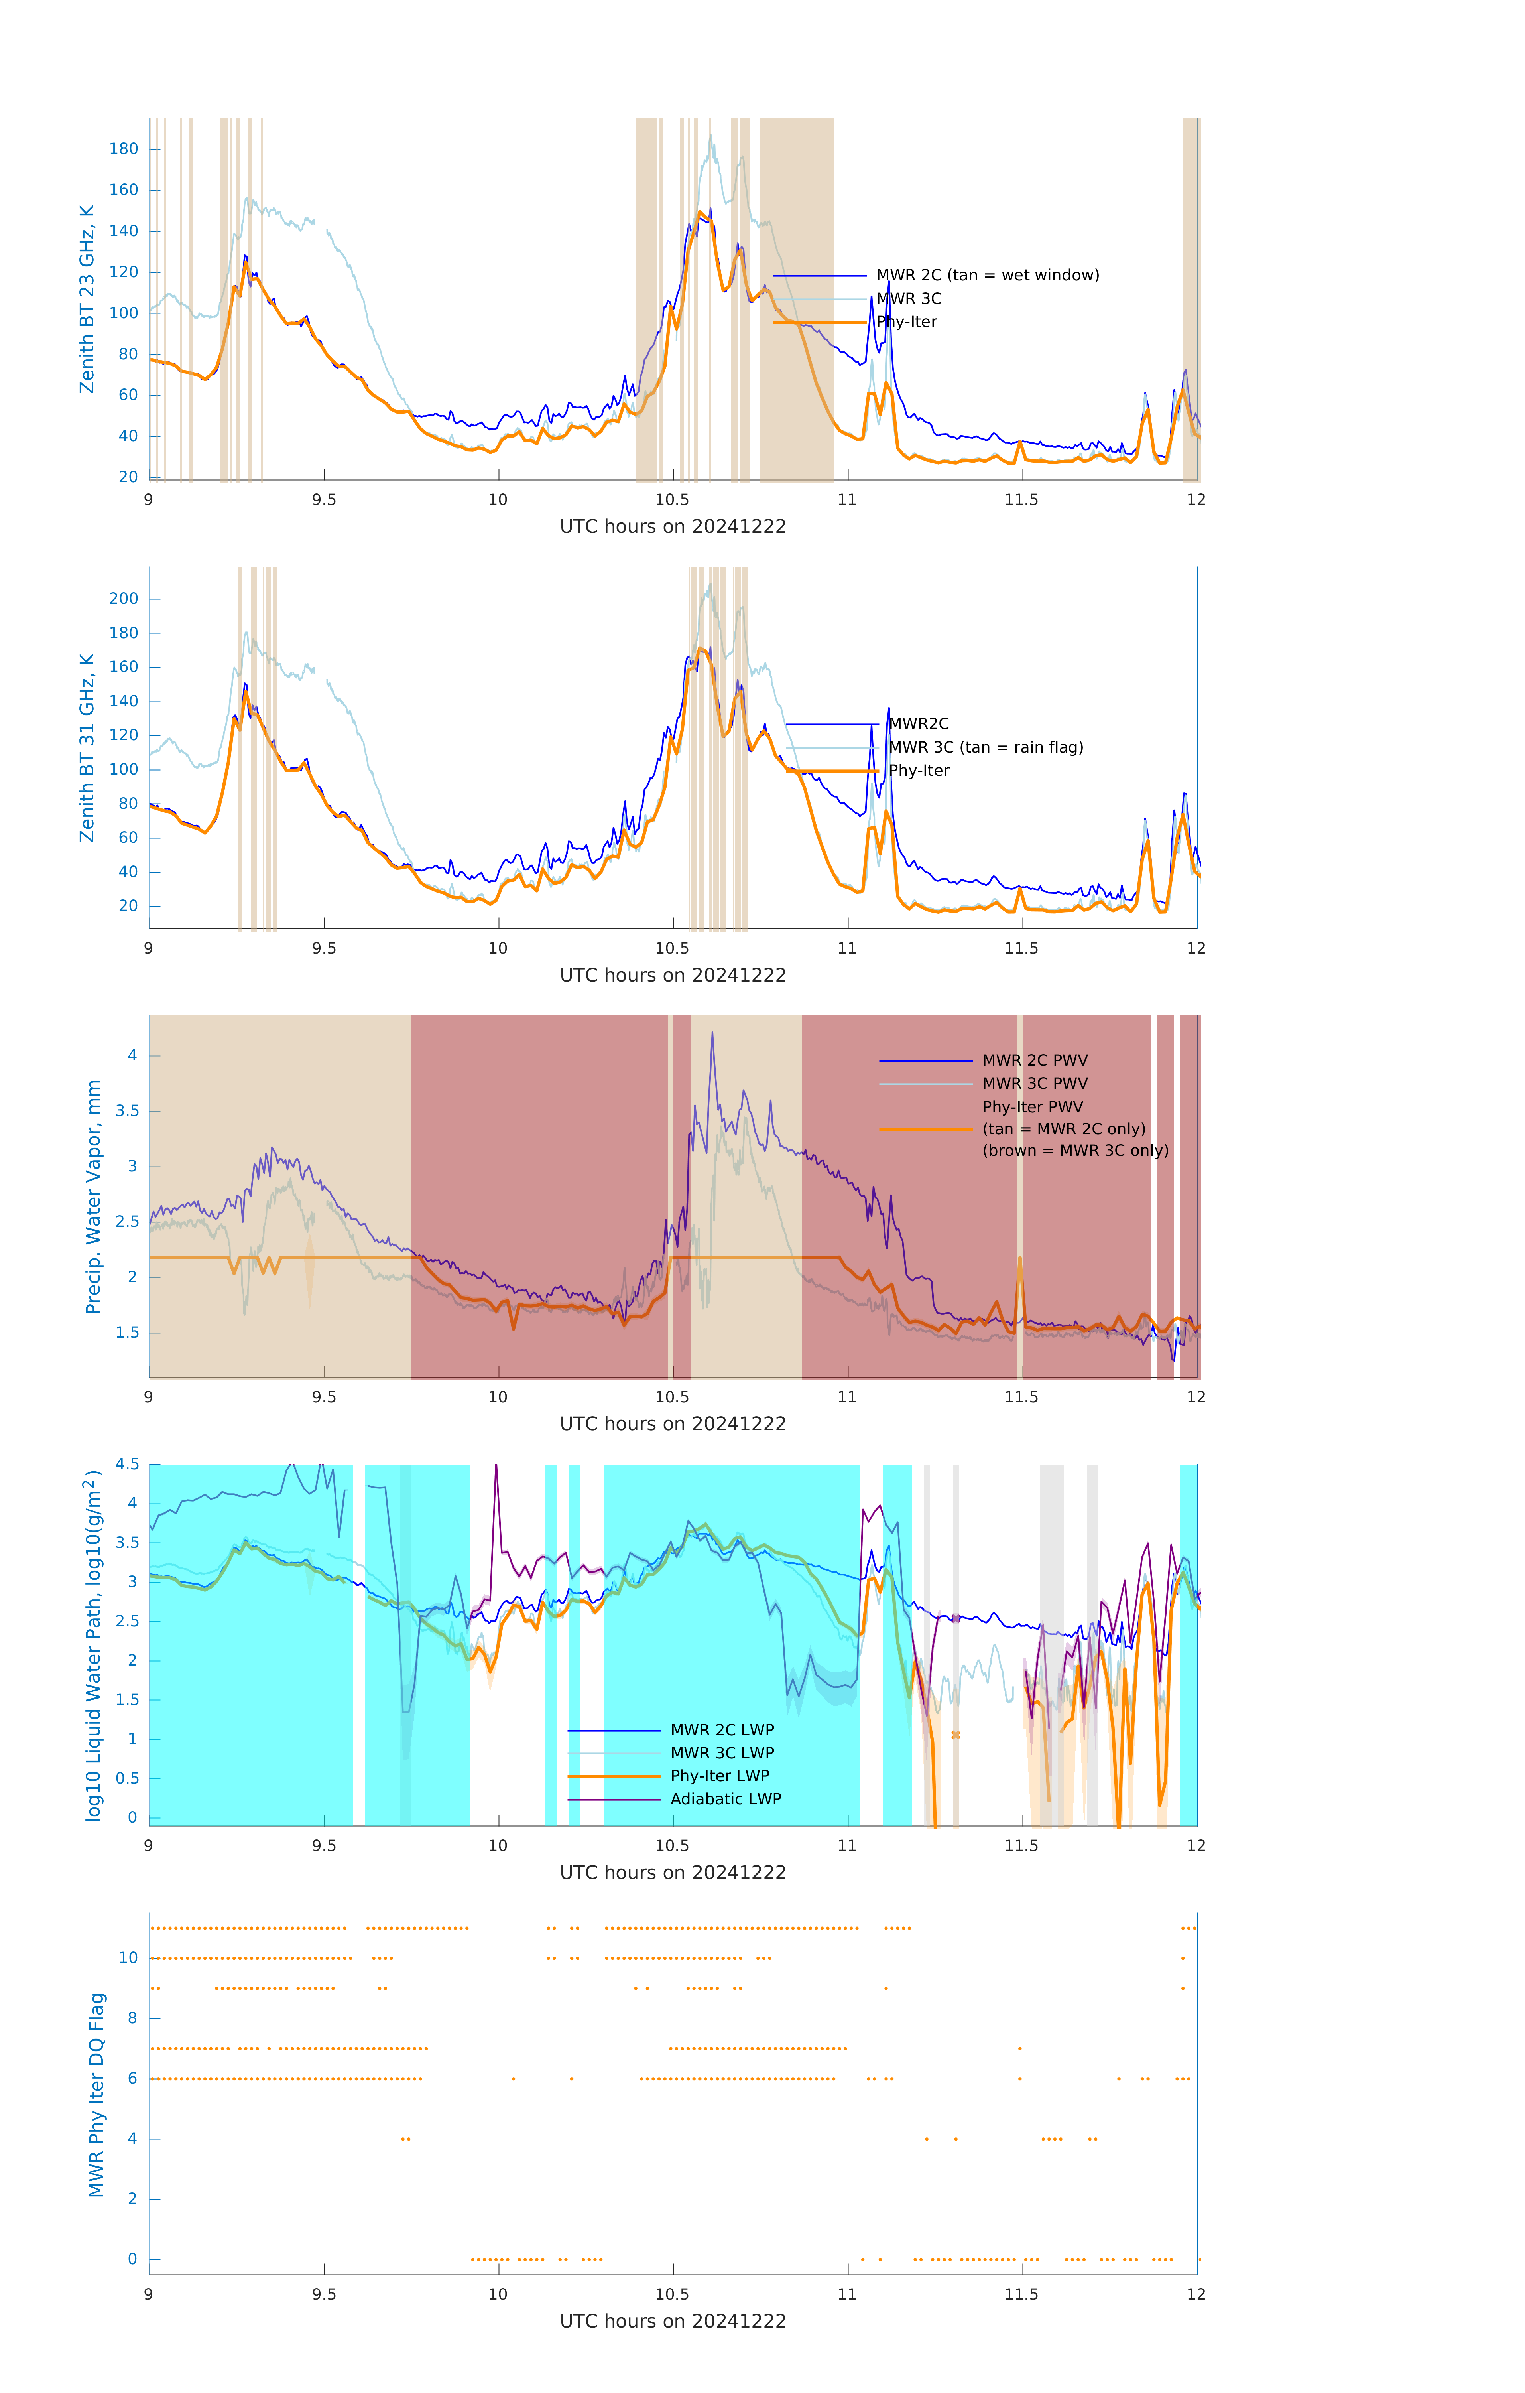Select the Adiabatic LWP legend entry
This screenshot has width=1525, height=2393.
[x=725, y=1799]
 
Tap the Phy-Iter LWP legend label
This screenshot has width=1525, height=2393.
[x=719, y=1776]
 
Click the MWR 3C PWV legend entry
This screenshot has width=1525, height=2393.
[x=1034, y=1083]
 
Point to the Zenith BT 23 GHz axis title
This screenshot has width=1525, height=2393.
[x=87, y=299]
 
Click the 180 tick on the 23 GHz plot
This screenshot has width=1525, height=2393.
[x=124, y=149]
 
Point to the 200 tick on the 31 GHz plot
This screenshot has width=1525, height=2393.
[x=124, y=598]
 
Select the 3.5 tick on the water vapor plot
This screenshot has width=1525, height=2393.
[x=127, y=1111]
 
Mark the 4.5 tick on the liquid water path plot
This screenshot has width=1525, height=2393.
[x=127, y=1464]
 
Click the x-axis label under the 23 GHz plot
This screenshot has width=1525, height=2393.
[x=673, y=527]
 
